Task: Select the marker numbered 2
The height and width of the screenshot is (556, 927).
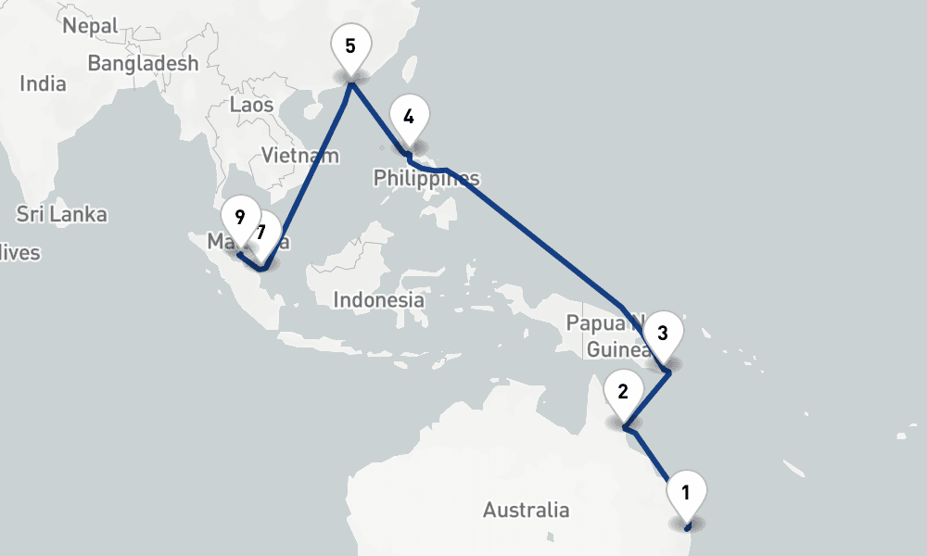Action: pyautogui.click(x=623, y=392)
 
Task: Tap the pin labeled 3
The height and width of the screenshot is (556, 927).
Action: pyautogui.click(x=662, y=334)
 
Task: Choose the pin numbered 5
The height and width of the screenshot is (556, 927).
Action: pyautogui.click(x=349, y=46)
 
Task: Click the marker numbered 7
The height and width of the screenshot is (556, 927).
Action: pyautogui.click(x=266, y=232)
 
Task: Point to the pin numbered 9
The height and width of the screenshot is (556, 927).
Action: pyautogui.click(x=239, y=218)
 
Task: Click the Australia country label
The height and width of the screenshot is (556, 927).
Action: pyautogui.click(x=526, y=510)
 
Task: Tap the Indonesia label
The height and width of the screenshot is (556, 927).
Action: pyautogui.click(x=378, y=300)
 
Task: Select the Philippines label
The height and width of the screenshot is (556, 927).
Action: pyautogui.click(x=426, y=178)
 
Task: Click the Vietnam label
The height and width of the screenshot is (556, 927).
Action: pyautogui.click(x=300, y=155)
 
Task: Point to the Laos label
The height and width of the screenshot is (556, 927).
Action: pyautogui.click(x=251, y=105)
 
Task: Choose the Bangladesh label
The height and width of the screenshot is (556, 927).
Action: pyautogui.click(x=143, y=63)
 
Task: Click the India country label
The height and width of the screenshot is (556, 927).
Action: pyautogui.click(x=43, y=83)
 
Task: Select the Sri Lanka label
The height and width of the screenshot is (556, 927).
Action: pyautogui.click(x=61, y=214)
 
